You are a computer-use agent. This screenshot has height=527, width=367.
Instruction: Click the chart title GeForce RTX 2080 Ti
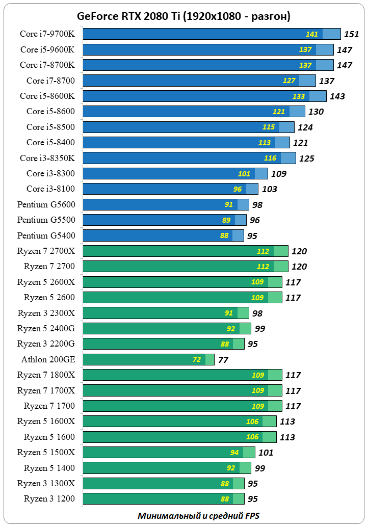coord(183,16)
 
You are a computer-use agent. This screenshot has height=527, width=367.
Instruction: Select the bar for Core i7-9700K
coord(204,34)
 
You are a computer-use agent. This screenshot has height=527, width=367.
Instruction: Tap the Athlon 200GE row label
coord(48,359)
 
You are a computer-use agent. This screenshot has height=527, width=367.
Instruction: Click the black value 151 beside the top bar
coord(352,34)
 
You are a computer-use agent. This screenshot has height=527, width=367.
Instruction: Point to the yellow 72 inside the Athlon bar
coord(197,359)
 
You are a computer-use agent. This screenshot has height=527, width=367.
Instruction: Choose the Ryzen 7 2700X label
coord(46,251)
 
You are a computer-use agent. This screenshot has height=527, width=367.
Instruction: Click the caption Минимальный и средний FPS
coord(198,515)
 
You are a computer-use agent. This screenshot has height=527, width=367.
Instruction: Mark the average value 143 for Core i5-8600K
coord(337,96)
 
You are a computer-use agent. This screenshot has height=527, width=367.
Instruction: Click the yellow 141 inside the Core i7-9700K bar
coord(312,34)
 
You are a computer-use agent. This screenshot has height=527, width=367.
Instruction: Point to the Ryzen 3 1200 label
coord(49,498)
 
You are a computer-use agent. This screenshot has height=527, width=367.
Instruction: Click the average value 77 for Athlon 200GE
coord(223,359)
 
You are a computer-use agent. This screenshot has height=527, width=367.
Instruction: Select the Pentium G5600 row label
coord(46,204)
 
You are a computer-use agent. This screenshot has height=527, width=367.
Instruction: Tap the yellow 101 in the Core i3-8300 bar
coord(244,174)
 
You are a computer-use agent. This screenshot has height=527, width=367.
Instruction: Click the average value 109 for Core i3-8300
coord(279,174)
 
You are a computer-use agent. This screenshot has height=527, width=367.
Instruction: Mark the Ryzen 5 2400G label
coord(46,328)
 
